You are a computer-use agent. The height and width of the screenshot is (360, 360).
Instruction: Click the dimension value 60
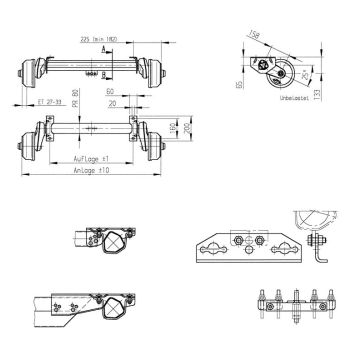108,90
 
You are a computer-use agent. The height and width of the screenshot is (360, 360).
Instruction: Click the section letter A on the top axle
105,47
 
